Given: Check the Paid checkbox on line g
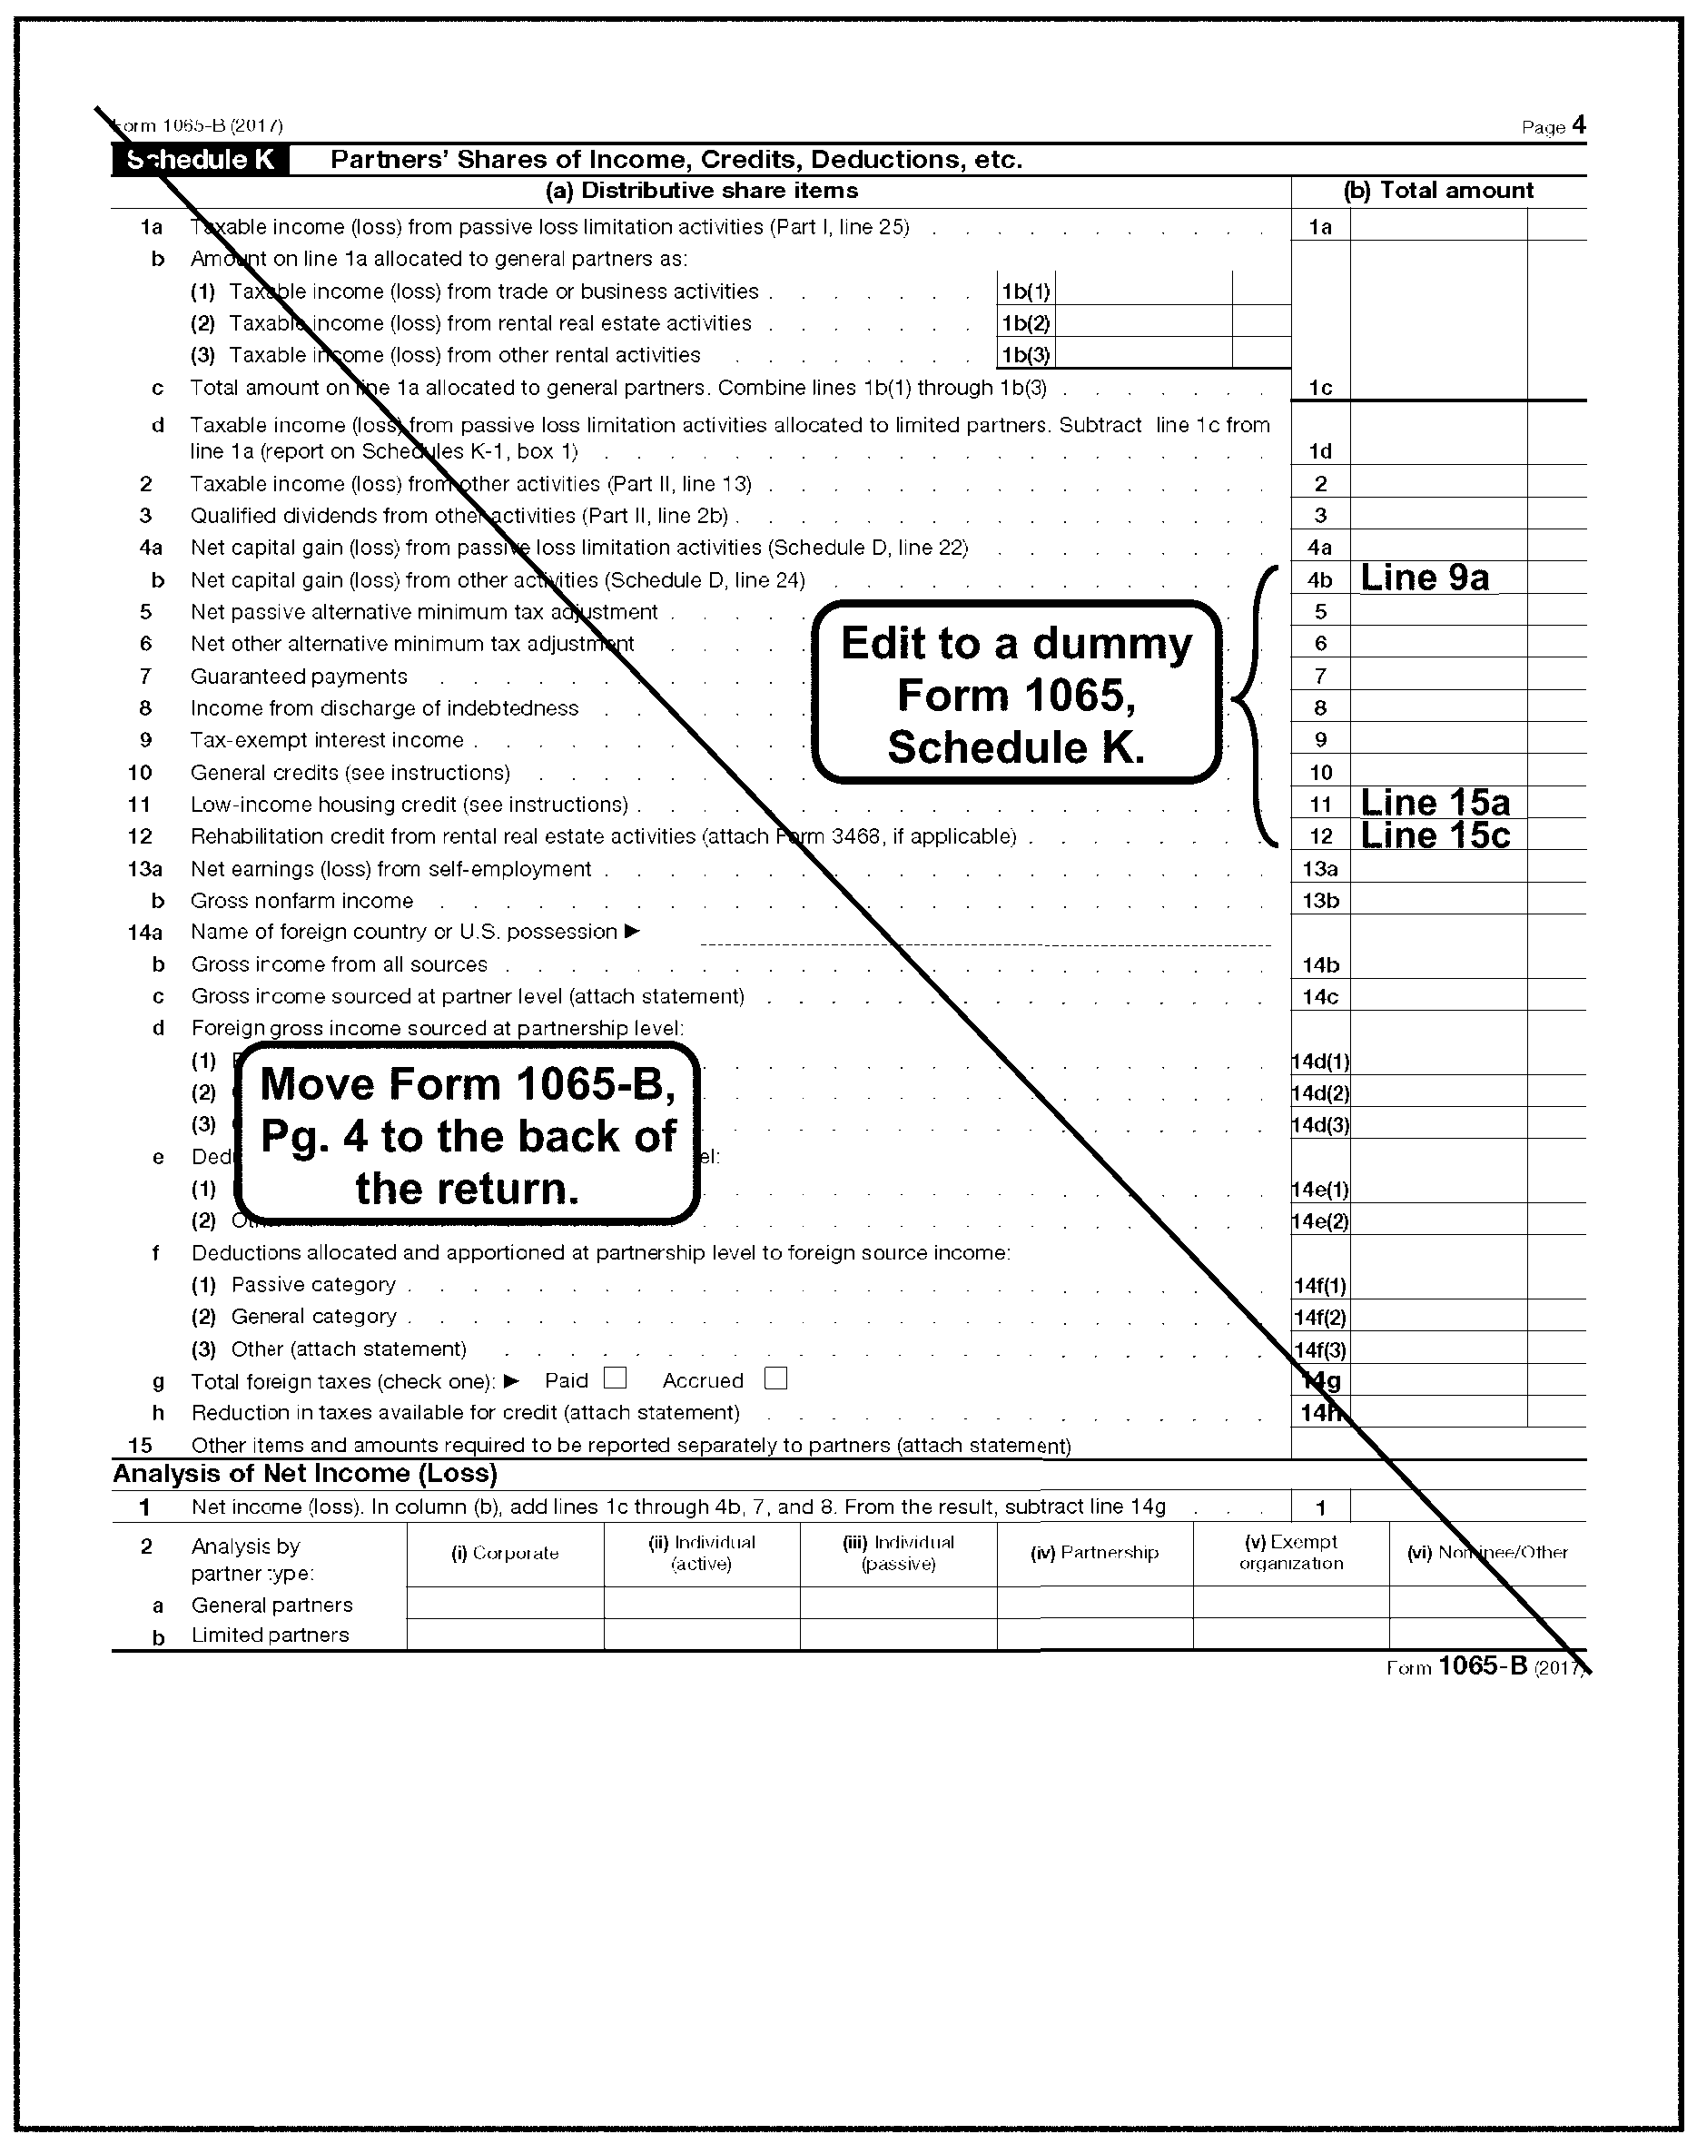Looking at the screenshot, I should pyautogui.click(x=616, y=1378).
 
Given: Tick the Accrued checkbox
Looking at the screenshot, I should pyautogui.click(x=776, y=1378).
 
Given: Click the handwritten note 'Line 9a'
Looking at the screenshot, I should pyautogui.click(x=1424, y=578).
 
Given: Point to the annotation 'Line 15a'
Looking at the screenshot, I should pyautogui.click(x=1435, y=803).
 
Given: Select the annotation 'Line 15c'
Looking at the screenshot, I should pyautogui.click(x=1435, y=835).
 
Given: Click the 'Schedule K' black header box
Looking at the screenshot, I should pyautogui.click(x=201, y=160).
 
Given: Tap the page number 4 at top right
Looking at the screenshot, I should pyautogui.click(x=1579, y=125).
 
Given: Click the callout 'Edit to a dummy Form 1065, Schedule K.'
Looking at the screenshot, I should pyautogui.click(x=1016, y=694).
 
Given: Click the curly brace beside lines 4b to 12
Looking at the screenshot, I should pyautogui.click(x=1255, y=706).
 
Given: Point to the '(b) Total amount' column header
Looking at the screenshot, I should pyautogui.click(x=1437, y=191).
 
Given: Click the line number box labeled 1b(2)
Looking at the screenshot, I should pyautogui.click(x=1025, y=323).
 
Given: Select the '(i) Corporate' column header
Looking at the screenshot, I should pyautogui.click(x=505, y=1553).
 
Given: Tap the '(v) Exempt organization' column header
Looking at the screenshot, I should pyautogui.click(x=1290, y=1552).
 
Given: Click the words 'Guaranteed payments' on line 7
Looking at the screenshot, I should pyautogui.click(x=299, y=677).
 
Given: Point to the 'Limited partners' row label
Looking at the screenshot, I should pyautogui.click(x=271, y=1635).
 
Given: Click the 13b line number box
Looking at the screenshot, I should pyautogui.click(x=1320, y=901).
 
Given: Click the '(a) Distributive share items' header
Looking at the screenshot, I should pyautogui.click(x=702, y=191).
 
